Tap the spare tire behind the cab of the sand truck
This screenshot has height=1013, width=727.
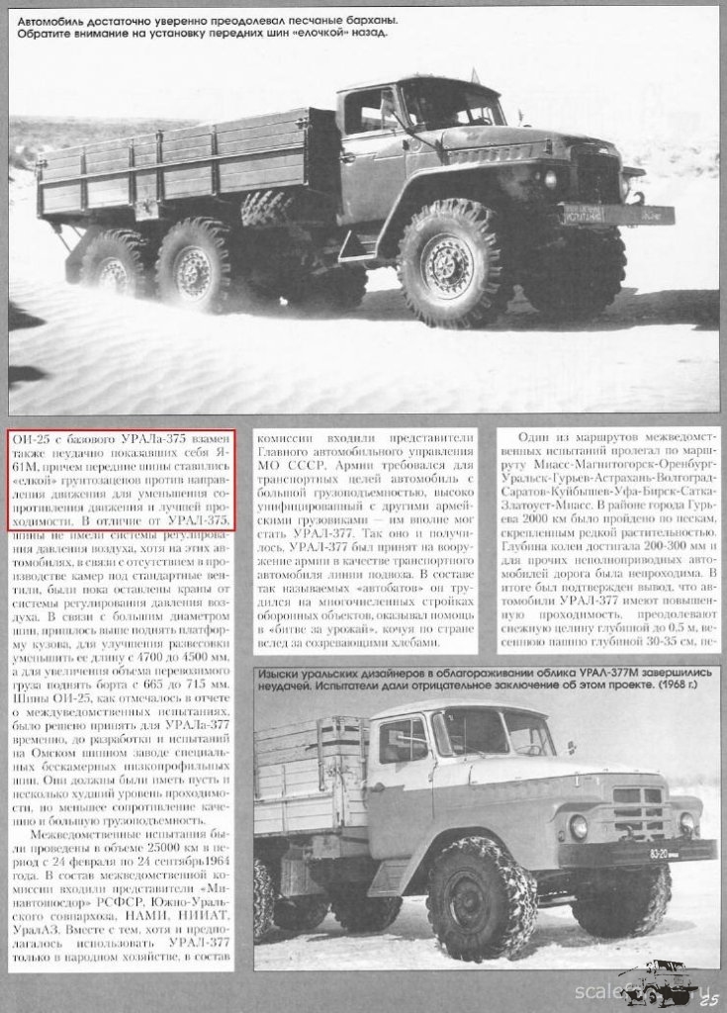click(x=268, y=208)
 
